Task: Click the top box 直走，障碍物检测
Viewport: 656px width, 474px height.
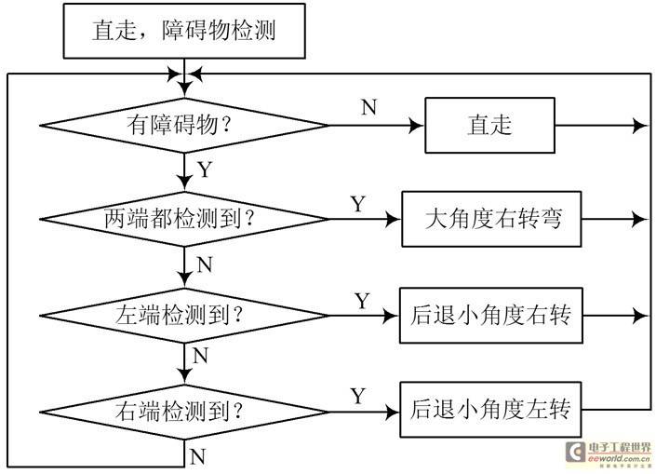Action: coord(184,31)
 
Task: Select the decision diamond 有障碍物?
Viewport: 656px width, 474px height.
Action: coord(184,125)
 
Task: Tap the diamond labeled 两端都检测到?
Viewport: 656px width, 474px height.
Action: coord(184,219)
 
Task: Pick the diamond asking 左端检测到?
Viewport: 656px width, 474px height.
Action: coord(184,316)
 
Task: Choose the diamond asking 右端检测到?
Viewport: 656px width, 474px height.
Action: coord(184,412)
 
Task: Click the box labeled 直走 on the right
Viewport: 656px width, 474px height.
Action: coord(490,125)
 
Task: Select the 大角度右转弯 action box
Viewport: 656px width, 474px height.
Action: coord(491,219)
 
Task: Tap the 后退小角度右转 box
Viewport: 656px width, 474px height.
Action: coord(491,316)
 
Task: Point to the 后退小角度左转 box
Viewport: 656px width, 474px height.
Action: coord(490,410)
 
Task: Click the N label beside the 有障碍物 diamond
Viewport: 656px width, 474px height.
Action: coord(369,107)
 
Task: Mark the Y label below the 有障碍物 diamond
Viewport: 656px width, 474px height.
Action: coord(205,169)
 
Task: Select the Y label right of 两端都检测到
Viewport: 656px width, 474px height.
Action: coord(358,204)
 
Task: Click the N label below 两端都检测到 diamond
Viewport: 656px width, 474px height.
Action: coord(205,264)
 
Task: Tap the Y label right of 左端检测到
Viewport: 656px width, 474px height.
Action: coord(362,301)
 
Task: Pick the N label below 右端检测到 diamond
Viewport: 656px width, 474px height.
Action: coord(197,456)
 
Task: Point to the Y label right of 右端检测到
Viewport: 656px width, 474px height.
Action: coord(358,396)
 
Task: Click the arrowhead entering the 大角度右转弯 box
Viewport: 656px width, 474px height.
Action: coord(394,219)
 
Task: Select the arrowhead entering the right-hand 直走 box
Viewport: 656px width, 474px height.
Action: coord(417,125)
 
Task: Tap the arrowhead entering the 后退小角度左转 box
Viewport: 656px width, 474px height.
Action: coord(392,412)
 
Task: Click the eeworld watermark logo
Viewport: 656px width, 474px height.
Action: coord(609,454)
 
